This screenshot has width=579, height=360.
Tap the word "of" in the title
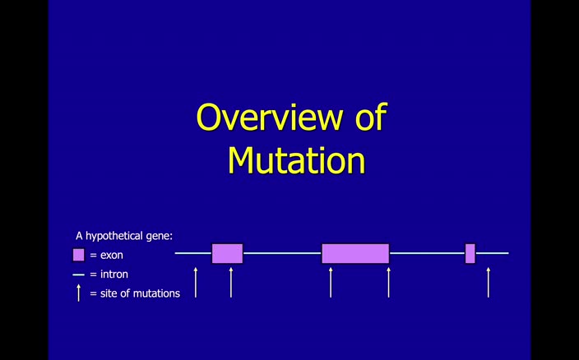click(x=370, y=117)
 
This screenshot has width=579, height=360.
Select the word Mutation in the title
click(x=295, y=159)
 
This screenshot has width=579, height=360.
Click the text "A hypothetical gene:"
click(x=124, y=236)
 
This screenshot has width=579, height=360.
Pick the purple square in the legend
click(x=79, y=255)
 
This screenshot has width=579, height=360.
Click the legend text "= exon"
click(x=106, y=256)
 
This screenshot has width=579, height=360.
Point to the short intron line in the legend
click(x=79, y=275)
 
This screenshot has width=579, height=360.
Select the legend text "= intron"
click(x=109, y=275)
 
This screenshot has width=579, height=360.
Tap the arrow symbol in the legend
click(x=79, y=293)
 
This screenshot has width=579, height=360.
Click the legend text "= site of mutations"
click(x=135, y=293)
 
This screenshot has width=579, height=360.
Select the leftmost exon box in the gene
click(x=227, y=253)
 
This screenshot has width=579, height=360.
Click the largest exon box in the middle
click(x=355, y=253)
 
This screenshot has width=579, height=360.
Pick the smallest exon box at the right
click(x=470, y=253)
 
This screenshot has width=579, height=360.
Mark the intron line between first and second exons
click(x=281, y=253)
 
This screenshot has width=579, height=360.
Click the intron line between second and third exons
click(x=427, y=253)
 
